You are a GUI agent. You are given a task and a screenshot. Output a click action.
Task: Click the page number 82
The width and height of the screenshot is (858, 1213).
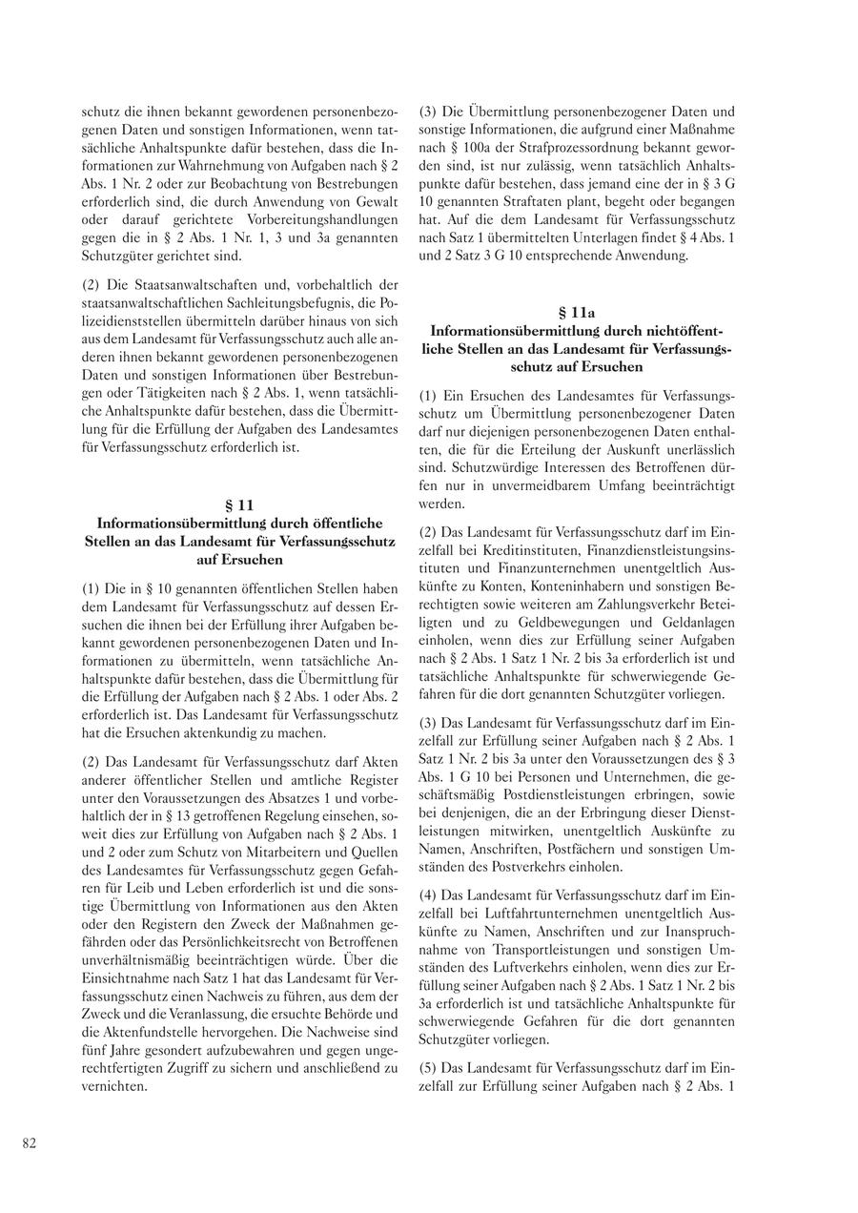[30, 1144]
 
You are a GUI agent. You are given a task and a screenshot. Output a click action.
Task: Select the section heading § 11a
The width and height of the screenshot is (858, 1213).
[576, 311]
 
